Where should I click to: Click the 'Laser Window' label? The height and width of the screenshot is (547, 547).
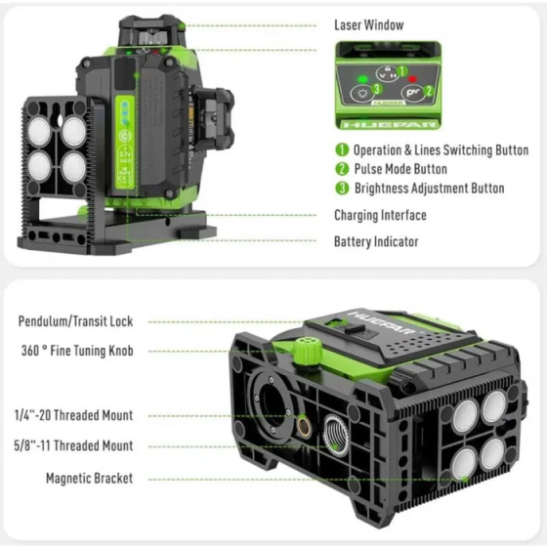[368, 24]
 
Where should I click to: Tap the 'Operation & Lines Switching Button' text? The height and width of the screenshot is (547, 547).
[441, 150]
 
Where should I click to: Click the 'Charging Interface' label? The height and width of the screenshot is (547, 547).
[380, 215]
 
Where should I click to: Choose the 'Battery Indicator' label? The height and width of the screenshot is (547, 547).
[376, 241]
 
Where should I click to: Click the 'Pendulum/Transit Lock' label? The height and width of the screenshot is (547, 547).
[75, 321]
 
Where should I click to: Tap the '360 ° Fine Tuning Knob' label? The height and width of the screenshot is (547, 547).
[75, 351]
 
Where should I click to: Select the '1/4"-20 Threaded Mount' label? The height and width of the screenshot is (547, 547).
[75, 415]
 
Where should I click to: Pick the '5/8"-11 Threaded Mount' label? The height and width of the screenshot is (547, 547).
[75, 446]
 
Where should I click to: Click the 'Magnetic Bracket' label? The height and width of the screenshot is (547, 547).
[89, 479]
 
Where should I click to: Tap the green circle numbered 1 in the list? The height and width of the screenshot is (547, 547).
[342, 150]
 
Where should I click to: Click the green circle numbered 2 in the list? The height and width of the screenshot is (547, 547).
[342, 169]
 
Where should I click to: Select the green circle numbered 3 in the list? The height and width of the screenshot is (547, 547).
[342, 189]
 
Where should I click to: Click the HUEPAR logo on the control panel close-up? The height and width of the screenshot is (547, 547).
[384, 125]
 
